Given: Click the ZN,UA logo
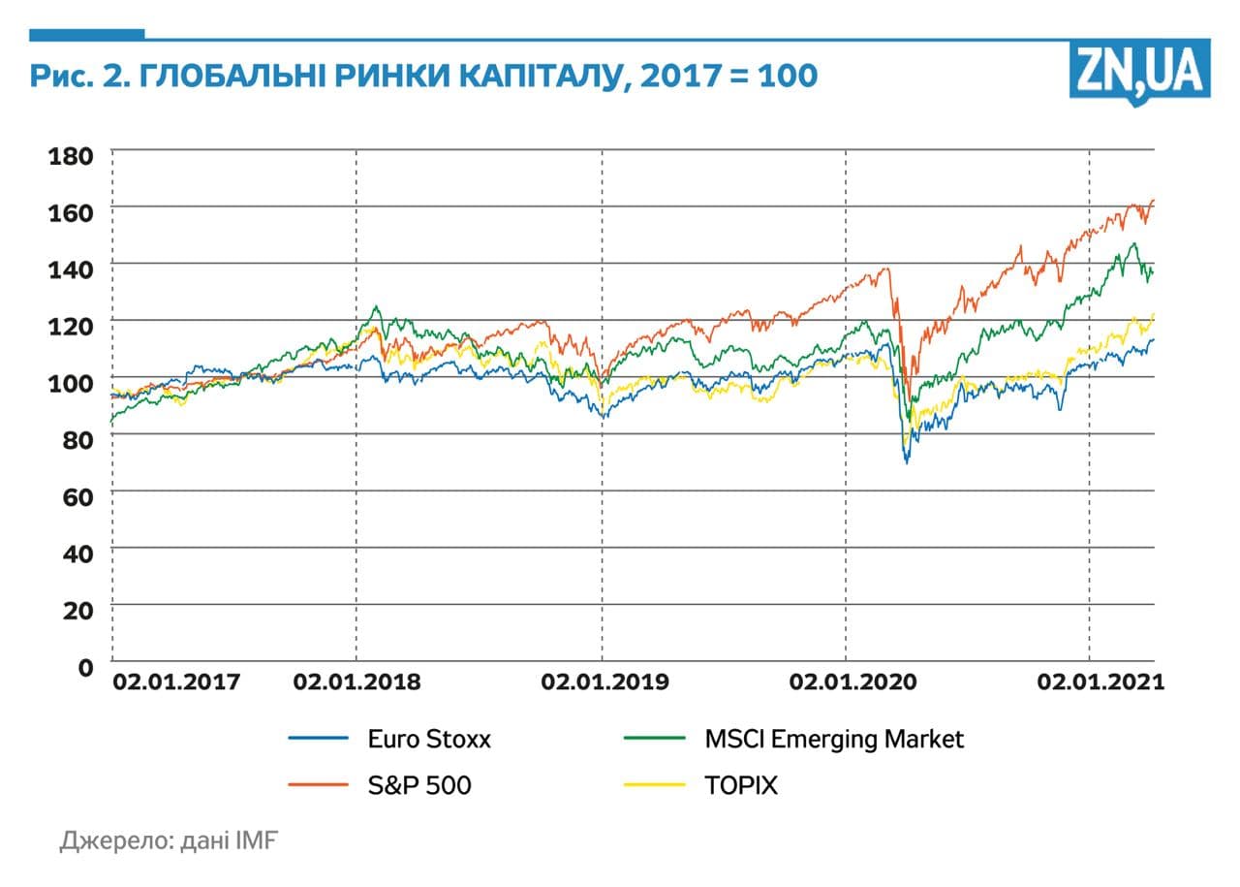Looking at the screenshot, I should [x=1139, y=71].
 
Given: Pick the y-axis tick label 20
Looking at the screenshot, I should [x=77, y=610].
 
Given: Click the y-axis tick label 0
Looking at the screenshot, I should [x=85, y=667].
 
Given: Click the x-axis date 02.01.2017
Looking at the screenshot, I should [x=176, y=682].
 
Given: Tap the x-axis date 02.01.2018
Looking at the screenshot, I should [x=356, y=682].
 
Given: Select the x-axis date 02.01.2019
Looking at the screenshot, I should [x=604, y=682].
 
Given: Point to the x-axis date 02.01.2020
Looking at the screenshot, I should [x=852, y=682].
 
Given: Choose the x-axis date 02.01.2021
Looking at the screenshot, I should [x=1100, y=682].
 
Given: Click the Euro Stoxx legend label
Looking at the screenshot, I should [x=429, y=740].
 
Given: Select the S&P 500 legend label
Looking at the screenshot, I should [x=419, y=785].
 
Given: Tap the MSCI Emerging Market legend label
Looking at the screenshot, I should [x=834, y=740].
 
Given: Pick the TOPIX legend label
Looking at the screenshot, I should [x=741, y=785].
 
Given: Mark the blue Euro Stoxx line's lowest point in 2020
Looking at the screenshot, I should [x=907, y=462].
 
